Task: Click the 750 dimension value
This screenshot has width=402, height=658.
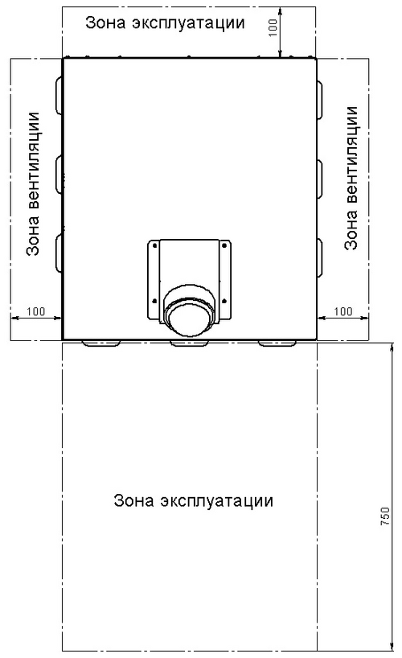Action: tap(385, 516)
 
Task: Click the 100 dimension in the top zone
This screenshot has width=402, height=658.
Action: tap(273, 27)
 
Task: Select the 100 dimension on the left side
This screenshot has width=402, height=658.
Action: tap(35, 311)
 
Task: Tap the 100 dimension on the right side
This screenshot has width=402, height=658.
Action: tap(343, 311)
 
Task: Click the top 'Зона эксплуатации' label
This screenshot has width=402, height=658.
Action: tap(165, 23)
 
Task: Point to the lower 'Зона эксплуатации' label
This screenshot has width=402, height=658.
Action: tap(193, 500)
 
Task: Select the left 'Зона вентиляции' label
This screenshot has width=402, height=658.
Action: tap(33, 183)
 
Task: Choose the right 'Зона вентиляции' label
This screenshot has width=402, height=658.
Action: tap(351, 178)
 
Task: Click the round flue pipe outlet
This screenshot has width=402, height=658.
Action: tap(189, 313)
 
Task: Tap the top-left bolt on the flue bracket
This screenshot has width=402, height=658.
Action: tap(154, 245)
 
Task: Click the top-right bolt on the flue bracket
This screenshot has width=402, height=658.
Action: tap(224, 245)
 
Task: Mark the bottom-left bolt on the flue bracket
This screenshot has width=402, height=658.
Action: tap(154, 300)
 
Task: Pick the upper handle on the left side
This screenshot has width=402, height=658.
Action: tap(59, 95)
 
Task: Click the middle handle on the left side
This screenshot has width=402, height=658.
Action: tap(59, 174)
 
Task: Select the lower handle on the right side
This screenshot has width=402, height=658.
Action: tap(320, 257)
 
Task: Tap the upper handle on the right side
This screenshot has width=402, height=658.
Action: tap(320, 100)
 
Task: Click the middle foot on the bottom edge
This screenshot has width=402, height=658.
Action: tap(189, 343)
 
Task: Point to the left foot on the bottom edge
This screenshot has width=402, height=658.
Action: tap(100, 343)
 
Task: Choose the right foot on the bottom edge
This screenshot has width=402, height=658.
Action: tap(277, 343)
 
